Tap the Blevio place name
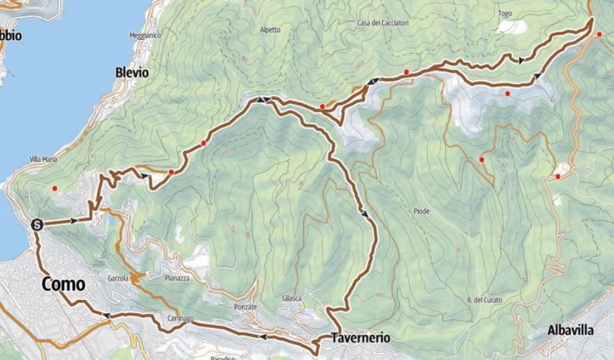click(x=132, y=72)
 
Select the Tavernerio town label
click(x=360, y=338)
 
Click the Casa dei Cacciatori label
click(x=383, y=23)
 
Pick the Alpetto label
click(x=270, y=30)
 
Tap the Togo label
click(x=504, y=14)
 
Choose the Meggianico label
click(x=146, y=35)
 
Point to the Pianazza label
click(x=176, y=278)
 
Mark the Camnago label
click(x=180, y=318)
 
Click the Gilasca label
click(x=291, y=298)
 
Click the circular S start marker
click(x=37, y=225)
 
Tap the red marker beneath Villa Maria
click(x=54, y=188)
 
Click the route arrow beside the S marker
click(x=74, y=220)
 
